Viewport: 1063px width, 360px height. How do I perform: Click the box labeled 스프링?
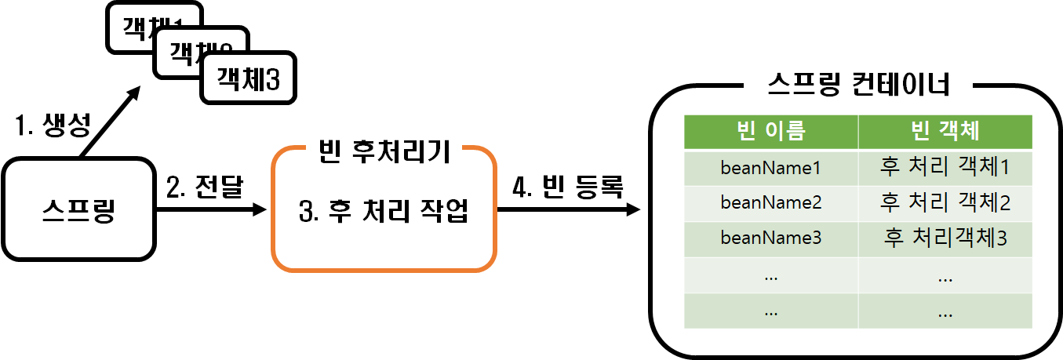pos(78,209)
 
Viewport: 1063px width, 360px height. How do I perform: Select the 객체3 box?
pos(249,78)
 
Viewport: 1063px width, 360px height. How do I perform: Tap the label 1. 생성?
pos(53,124)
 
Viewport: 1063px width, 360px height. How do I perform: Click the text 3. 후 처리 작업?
pos(384,211)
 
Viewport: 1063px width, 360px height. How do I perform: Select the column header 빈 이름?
pos(770,131)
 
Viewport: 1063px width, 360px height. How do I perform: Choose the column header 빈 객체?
pos(945,131)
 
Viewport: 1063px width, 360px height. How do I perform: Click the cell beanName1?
pos(770,167)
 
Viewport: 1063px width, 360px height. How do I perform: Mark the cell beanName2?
pos(770,203)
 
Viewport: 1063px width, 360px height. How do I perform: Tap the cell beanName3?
pos(770,238)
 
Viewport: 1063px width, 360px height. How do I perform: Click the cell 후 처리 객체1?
pos(945,167)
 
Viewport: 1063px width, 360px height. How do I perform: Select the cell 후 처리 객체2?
pos(945,203)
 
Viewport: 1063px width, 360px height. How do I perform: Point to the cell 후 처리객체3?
pos(945,238)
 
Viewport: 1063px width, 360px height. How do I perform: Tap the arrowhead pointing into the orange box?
pos(260,210)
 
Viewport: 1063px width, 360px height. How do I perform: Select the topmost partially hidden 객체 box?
pos(141,24)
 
